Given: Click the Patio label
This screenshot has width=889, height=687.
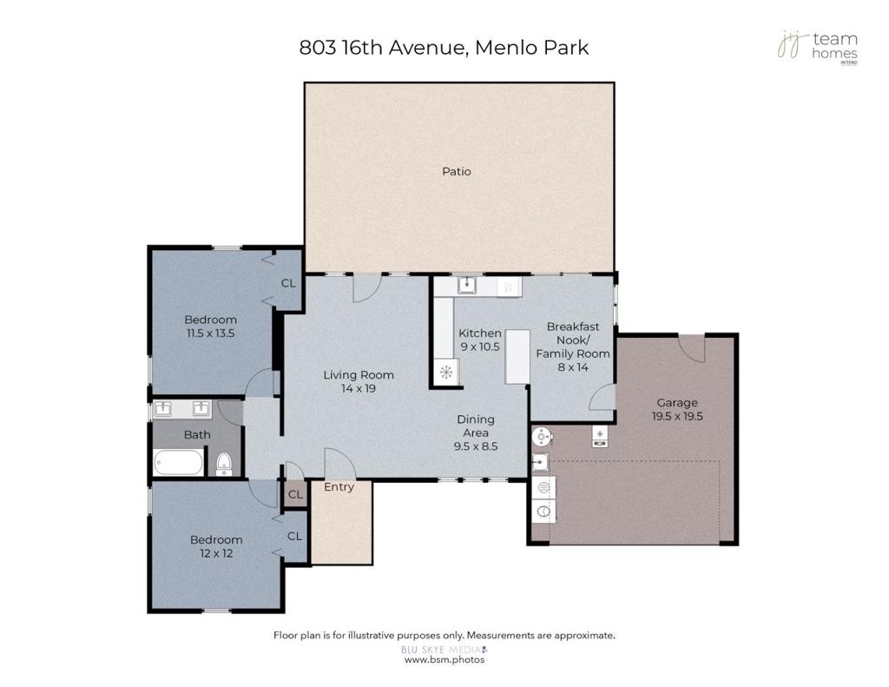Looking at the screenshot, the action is point(457,171).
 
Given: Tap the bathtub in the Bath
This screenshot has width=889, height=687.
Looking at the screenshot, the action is point(178,462).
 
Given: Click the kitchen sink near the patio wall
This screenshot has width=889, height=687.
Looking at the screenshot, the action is point(468,285).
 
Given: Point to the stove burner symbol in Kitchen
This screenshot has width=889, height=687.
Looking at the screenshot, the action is point(446,372).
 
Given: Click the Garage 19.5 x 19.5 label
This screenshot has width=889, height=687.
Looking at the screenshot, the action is point(677,409).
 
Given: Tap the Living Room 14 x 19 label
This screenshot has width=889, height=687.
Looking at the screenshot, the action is point(359,381).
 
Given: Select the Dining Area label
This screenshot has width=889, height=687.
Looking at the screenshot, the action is point(476,426).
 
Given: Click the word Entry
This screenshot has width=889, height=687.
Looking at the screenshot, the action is point(339,486).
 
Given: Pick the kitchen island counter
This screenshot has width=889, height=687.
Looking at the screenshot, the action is point(517,357).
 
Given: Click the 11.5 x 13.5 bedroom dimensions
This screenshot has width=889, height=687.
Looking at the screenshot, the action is point(210,333).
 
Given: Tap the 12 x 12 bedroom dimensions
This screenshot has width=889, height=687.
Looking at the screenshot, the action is point(216,553).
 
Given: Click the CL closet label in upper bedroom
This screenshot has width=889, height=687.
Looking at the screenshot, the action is point(288,283).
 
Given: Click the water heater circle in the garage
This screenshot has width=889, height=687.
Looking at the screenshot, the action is point(542,437).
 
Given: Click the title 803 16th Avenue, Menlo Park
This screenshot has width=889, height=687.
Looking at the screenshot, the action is point(444,48).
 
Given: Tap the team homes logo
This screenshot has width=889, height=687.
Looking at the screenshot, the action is point(818,47).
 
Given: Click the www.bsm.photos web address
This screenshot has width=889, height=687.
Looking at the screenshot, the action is point(444,660).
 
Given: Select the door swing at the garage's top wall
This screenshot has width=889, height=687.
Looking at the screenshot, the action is point(692,348).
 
